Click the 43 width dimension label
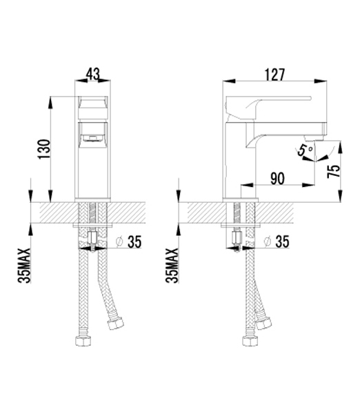(x=93, y=75)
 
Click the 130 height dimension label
(x=44, y=149)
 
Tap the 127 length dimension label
(x=275, y=75)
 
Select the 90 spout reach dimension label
(x=278, y=179)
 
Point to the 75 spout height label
(x=333, y=172)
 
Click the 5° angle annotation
(x=304, y=150)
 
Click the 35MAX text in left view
(x=24, y=266)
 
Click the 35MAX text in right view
(x=172, y=266)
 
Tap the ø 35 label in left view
(x=129, y=241)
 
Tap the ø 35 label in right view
(x=277, y=241)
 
